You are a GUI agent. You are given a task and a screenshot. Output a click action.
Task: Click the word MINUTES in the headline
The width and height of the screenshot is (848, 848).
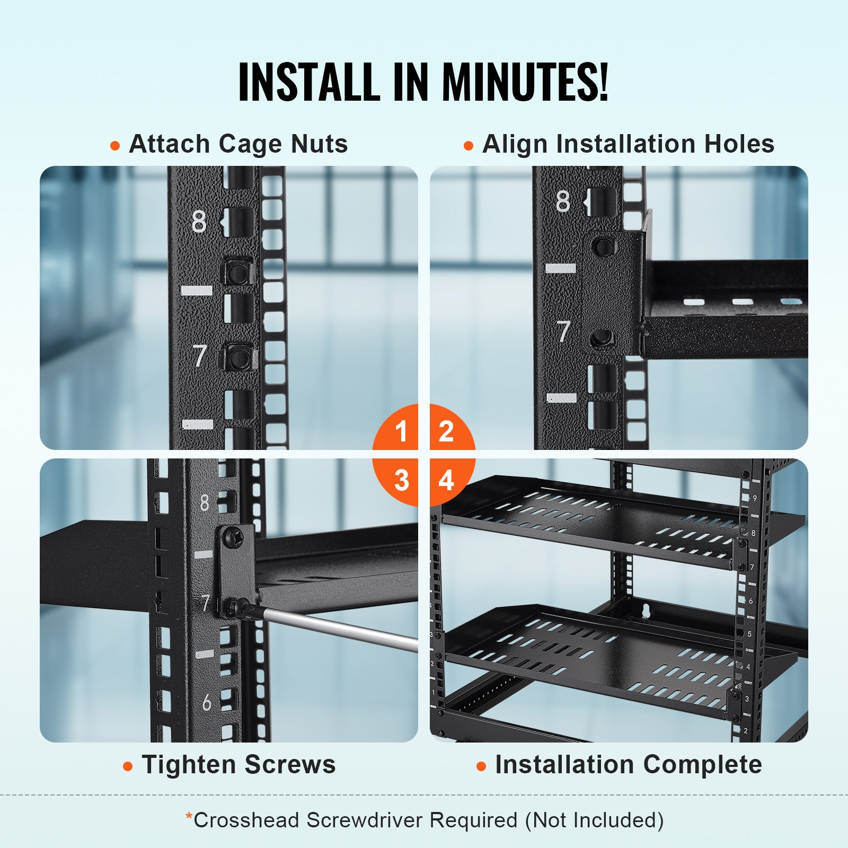click(x=525, y=82)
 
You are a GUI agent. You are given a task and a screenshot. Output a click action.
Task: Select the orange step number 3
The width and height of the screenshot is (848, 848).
click(x=401, y=480)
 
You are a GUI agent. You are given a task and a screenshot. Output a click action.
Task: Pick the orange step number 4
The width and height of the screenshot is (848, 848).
click(x=446, y=480)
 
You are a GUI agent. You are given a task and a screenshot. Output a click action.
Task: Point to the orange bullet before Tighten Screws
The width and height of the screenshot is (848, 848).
click(x=128, y=766)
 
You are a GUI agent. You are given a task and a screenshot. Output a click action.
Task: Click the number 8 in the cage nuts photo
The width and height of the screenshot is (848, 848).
click(x=199, y=222)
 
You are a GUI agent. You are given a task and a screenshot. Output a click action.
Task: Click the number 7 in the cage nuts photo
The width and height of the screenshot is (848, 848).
click(x=199, y=356)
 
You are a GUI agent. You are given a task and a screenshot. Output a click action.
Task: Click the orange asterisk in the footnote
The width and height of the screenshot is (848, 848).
click(x=189, y=817)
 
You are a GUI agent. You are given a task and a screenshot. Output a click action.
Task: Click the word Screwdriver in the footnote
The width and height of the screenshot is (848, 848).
click(x=365, y=820)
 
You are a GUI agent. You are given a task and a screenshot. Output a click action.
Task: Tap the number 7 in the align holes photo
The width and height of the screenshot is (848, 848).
click(x=563, y=331)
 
